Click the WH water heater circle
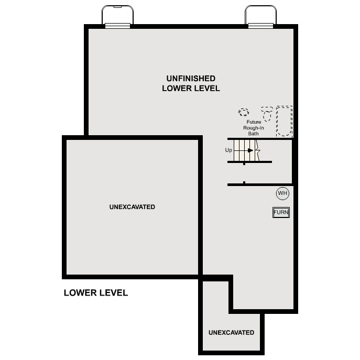282,193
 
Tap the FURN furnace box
281,212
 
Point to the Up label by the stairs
228,150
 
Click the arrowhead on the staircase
251,150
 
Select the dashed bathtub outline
284,121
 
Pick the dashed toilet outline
267,114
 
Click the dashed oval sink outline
244,112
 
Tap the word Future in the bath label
254,122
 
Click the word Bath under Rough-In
254,134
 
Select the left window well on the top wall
117,16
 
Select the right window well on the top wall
260,16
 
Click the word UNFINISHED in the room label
191,78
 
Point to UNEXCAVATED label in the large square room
132,207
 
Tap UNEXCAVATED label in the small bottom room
231,332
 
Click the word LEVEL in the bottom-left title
114,293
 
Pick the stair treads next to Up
242,150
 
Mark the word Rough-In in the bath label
254,128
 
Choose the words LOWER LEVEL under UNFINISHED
191,89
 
